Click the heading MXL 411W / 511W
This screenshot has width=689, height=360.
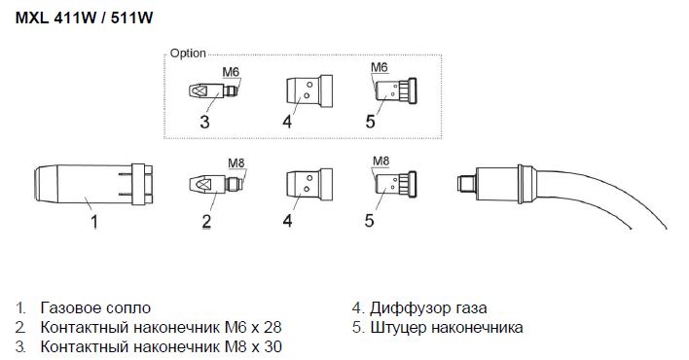pos(84,18)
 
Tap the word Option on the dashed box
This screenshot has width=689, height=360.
pos(188,54)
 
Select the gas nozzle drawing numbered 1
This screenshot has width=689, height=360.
pos(93,184)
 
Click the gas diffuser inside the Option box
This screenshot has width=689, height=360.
pos(308,91)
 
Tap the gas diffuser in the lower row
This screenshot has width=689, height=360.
pos(308,184)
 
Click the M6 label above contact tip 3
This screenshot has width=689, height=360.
pos(231,72)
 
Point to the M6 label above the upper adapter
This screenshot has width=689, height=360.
pos(380,67)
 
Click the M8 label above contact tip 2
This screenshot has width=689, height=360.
pos(236,163)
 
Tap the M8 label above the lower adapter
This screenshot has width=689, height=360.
pos(381,161)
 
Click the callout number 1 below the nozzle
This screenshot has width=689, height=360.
pos(94,221)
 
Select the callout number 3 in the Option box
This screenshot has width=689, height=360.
pos(204,122)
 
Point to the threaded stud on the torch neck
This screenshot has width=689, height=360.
pos(466,184)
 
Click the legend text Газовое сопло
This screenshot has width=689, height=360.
pos(95,307)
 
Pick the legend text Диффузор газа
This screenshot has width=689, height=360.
pos(428,307)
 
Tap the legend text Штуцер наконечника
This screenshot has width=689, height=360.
pos(447,328)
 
